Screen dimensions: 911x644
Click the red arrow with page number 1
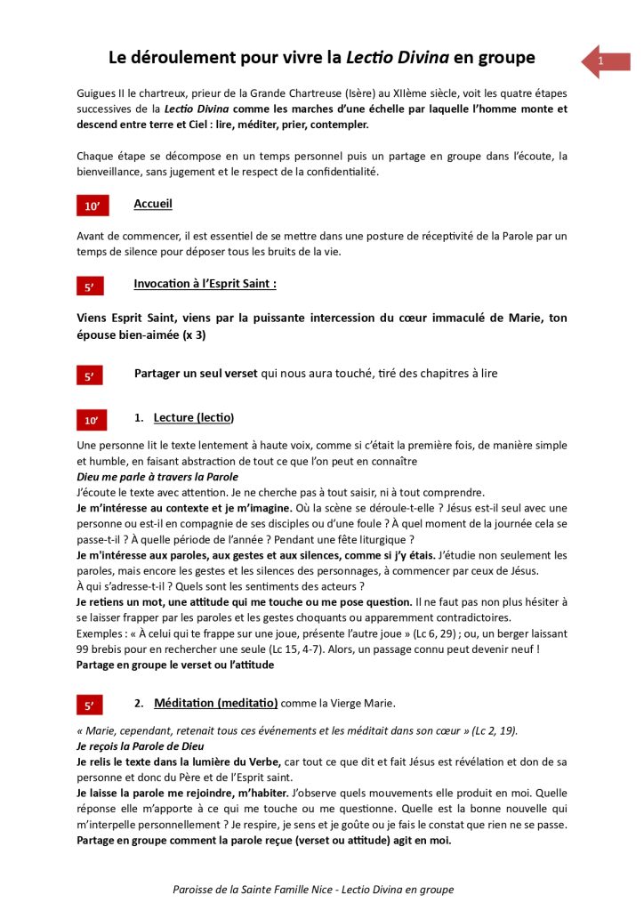click(605, 60)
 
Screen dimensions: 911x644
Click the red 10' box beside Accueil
click(92, 206)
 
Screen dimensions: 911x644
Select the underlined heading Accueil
click(153, 205)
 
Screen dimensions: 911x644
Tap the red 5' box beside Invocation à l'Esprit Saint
click(90, 286)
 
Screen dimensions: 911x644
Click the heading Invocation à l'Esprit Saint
click(205, 284)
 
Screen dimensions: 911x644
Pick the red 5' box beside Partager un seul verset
click(90, 376)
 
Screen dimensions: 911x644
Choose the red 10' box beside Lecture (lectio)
click(92, 419)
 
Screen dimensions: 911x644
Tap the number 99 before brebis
click(85, 649)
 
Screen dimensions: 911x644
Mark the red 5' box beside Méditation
click(90, 705)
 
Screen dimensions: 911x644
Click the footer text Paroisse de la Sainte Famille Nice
click(257, 890)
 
